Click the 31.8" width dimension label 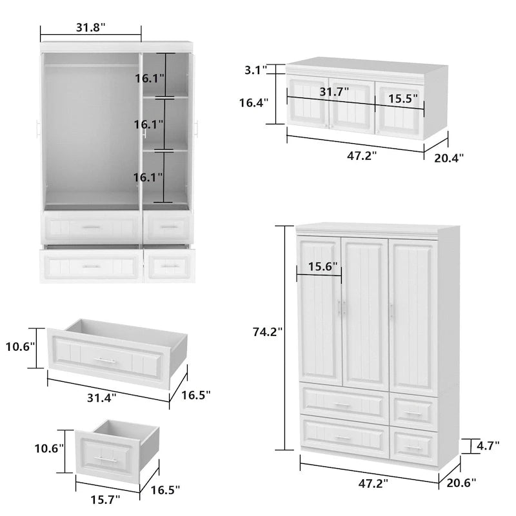(x=91, y=27)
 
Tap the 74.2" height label (x=268, y=333)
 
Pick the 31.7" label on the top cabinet (x=333, y=92)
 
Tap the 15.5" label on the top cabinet (x=402, y=99)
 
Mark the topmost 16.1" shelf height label (x=150, y=79)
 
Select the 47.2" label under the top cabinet (x=361, y=155)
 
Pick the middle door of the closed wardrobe (x=364, y=313)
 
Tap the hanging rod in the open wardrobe (x=90, y=66)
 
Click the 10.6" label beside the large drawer (x=21, y=347)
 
